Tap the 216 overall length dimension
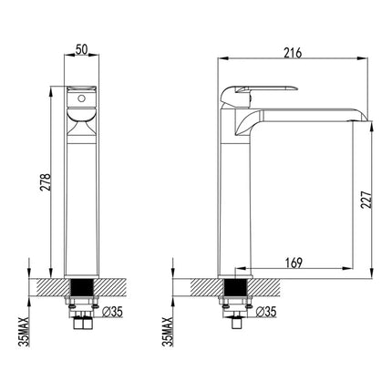tap(292, 53)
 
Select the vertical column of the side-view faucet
tap(234, 201)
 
